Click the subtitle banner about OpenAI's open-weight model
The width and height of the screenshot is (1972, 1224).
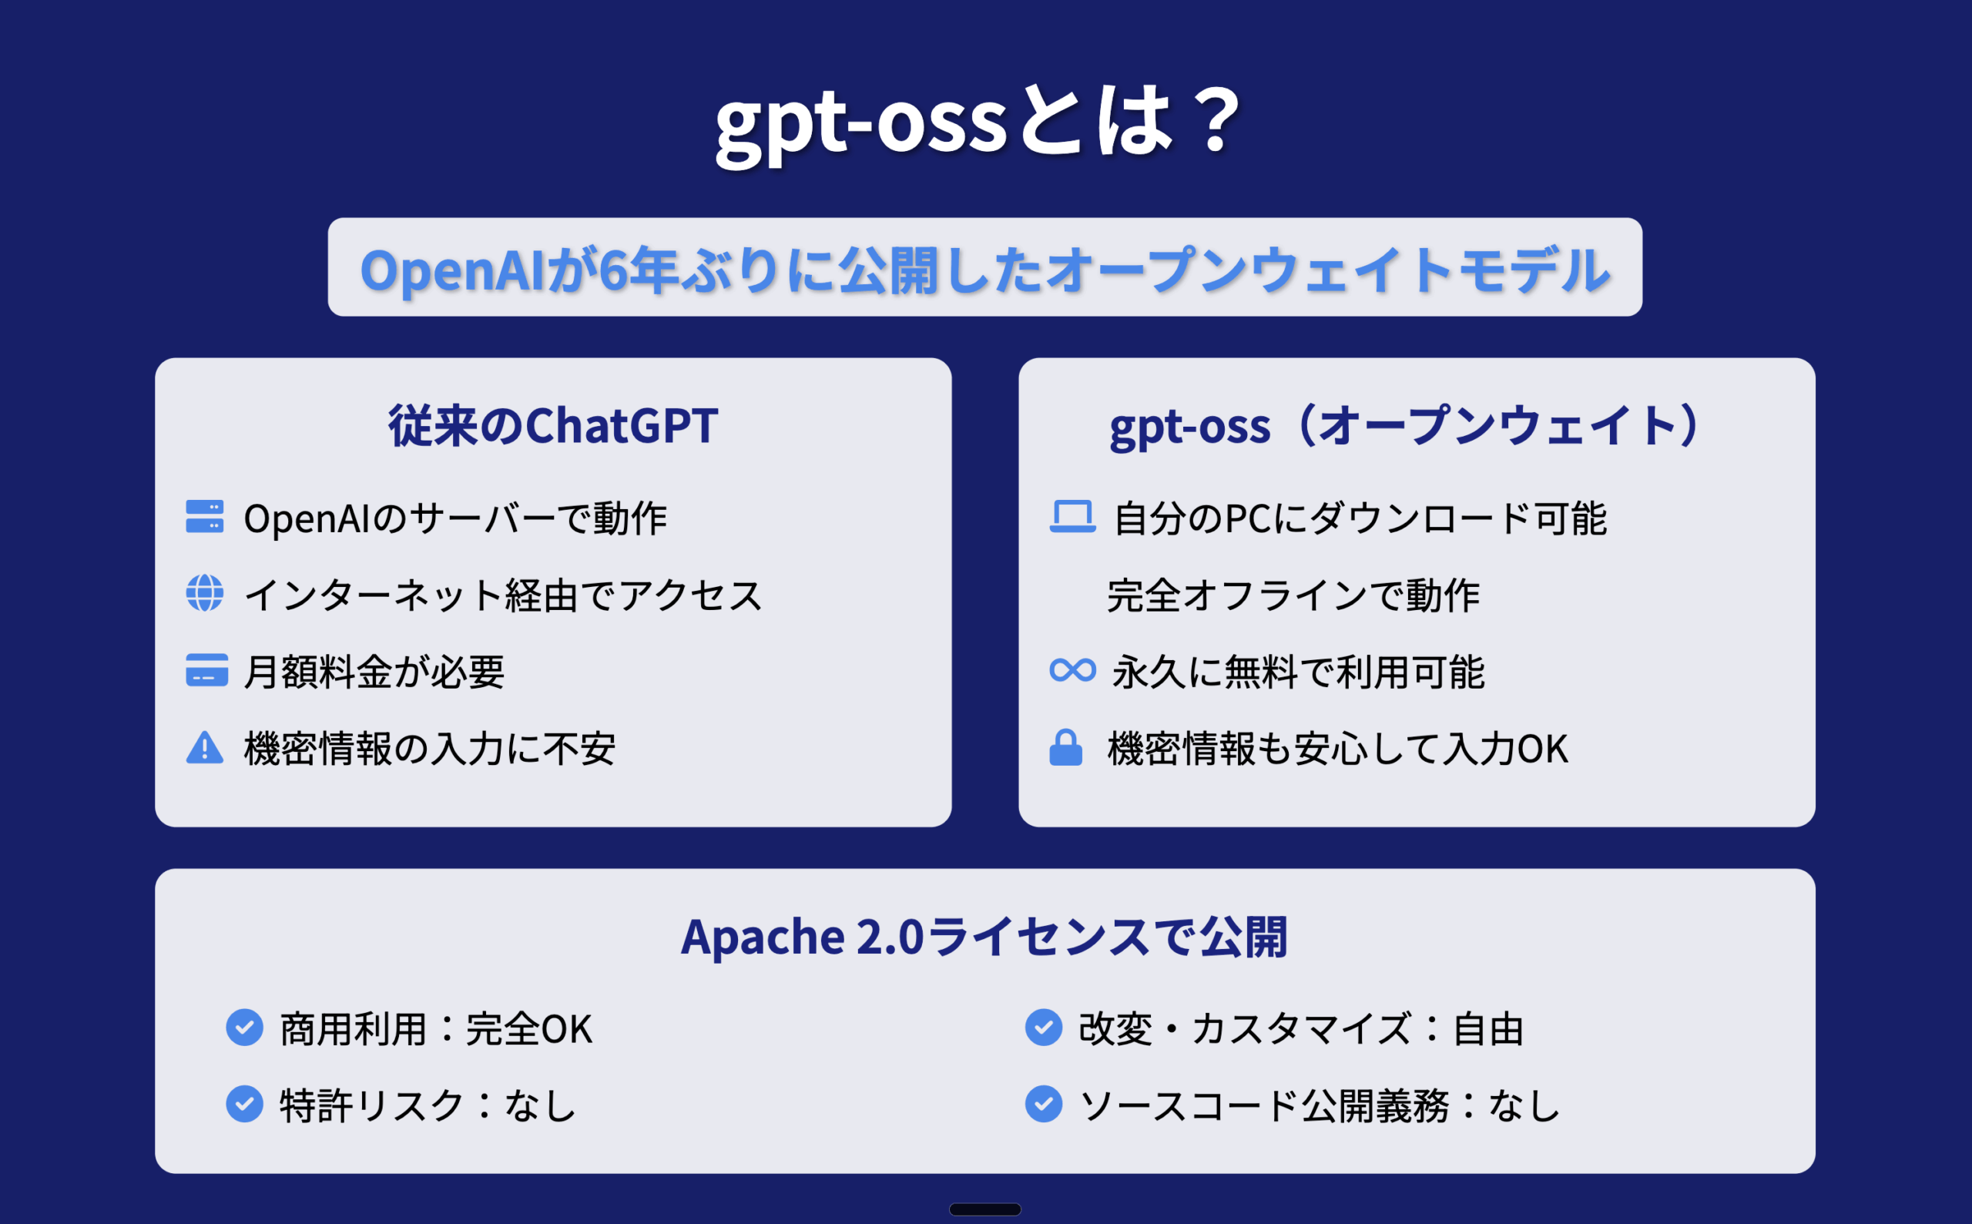(985, 267)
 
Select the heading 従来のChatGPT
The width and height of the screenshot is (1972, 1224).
(553, 426)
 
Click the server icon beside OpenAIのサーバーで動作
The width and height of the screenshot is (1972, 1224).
(205, 516)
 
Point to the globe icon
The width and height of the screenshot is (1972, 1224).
(205, 593)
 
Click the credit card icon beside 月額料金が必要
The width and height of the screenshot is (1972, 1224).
(206, 670)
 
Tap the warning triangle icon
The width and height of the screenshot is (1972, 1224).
(205, 748)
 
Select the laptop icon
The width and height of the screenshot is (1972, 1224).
(1072, 516)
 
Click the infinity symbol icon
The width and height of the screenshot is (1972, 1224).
(1072, 670)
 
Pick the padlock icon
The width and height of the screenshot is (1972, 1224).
(1066, 747)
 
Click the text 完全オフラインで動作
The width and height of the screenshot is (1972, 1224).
(1293, 595)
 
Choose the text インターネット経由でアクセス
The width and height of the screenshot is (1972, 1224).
(503, 595)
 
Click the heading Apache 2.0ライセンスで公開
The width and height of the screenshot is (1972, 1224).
(984, 937)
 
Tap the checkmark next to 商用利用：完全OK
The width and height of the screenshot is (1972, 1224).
(244, 1028)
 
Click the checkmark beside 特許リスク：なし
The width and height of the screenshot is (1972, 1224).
(244, 1104)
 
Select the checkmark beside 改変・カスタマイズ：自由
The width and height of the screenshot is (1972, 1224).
(1044, 1028)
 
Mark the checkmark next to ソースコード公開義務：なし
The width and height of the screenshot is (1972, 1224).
(1044, 1104)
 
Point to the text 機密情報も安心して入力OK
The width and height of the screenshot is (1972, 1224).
(1337, 749)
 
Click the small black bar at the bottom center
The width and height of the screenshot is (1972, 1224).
(985, 1209)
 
